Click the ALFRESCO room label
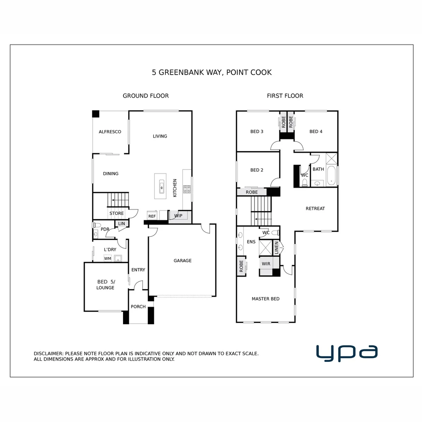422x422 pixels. tap(110, 132)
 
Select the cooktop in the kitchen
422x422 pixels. tap(187, 189)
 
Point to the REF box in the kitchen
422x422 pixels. tap(152, 216)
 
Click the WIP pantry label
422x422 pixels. tap(178, 216)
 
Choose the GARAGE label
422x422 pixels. tap(182, 261)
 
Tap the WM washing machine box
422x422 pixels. tap(107, 258)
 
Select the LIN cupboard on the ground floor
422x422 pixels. tap(122, 224)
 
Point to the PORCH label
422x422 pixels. tap(138, 307)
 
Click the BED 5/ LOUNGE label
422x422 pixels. tap(105, 285)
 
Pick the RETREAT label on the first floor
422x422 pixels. tap(315, 209)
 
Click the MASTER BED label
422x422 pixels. tap(265, 299)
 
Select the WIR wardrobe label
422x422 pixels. tap(266, 264)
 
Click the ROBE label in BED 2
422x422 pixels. tap(252, 192)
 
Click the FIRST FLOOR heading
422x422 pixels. tap(285, 96)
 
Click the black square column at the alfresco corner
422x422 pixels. tap(96, 114)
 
